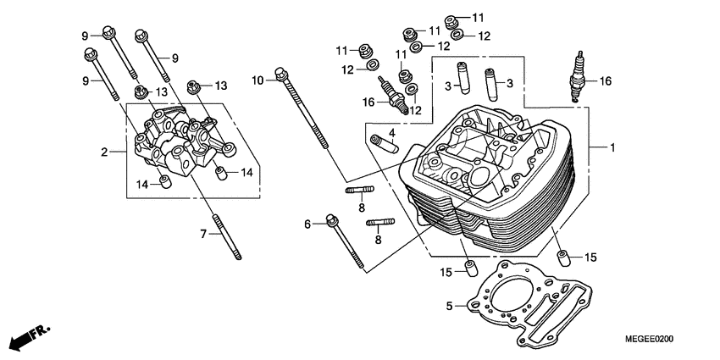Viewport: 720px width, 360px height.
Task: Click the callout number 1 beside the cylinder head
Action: [612, 147]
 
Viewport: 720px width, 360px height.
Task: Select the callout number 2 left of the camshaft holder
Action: [105, 152]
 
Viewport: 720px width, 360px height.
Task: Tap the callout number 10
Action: [258, 80]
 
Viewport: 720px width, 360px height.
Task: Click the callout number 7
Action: [203, 233]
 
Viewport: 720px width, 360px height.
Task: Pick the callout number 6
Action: [308, 224]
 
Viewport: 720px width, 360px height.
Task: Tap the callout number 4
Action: [392, 132]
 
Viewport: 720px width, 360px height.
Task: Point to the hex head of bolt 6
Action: [330, 222]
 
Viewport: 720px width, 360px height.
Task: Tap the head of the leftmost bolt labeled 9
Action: [89, 54]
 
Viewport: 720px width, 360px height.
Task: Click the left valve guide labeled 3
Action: [462, 76]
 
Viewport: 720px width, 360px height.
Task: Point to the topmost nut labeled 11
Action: [452, 18]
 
